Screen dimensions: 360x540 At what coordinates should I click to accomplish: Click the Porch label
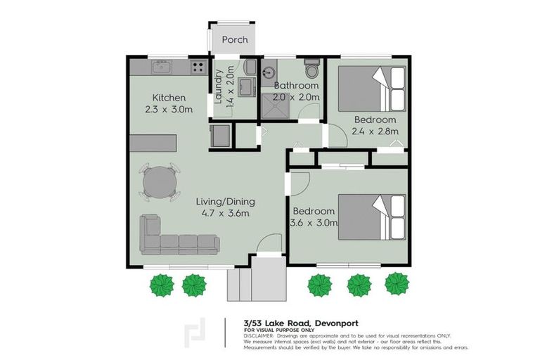click(x=234, y=40)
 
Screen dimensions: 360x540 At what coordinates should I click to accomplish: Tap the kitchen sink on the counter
click(x=161, y=68)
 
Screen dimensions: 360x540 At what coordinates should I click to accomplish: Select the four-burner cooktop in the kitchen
click(x=198, y=68)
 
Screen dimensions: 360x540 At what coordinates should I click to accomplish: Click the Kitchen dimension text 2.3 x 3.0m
click(x=169, y=110)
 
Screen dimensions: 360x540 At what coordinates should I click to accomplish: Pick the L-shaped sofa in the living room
click(x=176, y=236)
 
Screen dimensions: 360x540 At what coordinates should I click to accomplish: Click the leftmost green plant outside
click(x=162, y=285)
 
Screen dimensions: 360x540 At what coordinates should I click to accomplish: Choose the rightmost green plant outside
click(x=396, y=284)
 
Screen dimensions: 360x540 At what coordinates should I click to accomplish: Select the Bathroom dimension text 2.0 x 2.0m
click(x=296, y=97)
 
